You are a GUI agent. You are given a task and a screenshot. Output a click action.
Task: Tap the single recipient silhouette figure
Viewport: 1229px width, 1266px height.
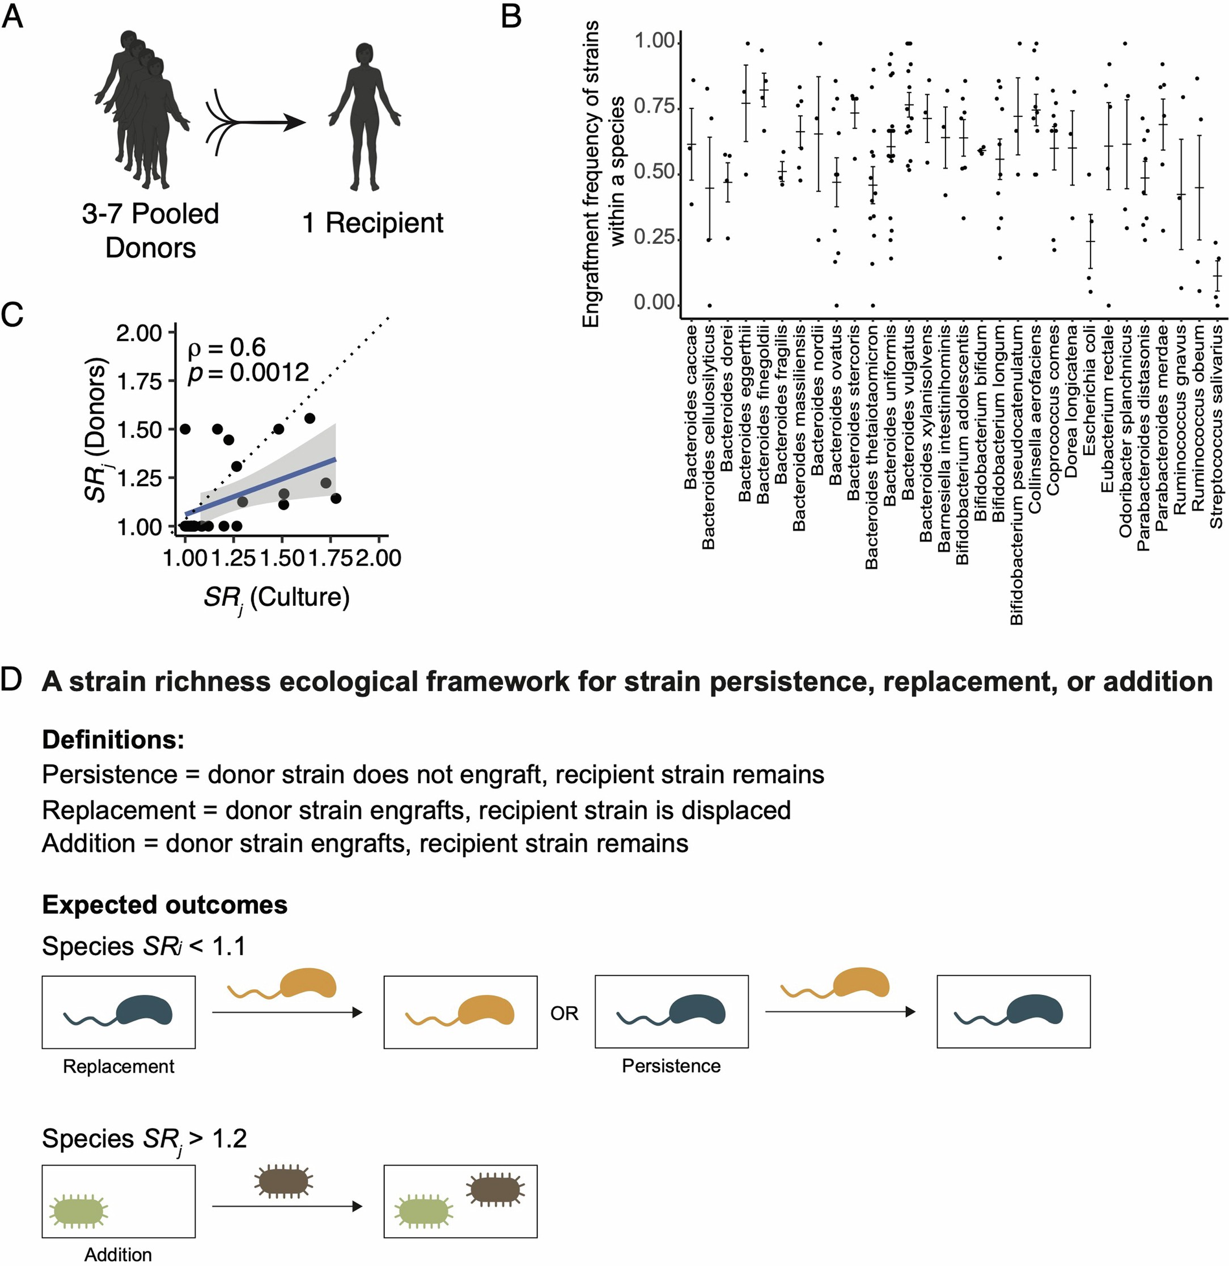click(x=365, y=116)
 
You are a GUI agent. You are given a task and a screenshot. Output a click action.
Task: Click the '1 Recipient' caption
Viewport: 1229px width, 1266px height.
click(x=372, y=223)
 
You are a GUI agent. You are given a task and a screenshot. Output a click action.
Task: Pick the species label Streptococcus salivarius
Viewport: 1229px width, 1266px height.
click(x=1216, y=427)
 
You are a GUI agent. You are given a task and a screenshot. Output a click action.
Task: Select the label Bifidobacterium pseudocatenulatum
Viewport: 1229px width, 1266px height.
click(x=1018, y=475)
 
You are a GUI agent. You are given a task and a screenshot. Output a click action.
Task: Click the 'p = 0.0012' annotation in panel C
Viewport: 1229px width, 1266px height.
click(x=248, y=373)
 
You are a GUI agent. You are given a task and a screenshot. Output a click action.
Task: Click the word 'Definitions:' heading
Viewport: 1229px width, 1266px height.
click(x=113, y=740)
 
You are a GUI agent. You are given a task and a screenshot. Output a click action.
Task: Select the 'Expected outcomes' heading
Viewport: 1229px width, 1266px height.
click(x=164, y=905)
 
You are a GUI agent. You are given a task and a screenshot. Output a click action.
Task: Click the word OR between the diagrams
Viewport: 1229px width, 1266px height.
click(x=564, y=1014)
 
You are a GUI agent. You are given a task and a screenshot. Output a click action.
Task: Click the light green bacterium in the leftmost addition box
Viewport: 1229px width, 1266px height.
click(x=79, y=1212)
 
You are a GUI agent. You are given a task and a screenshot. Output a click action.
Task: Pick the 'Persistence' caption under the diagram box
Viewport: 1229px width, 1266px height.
click(x=671, y=1066)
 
